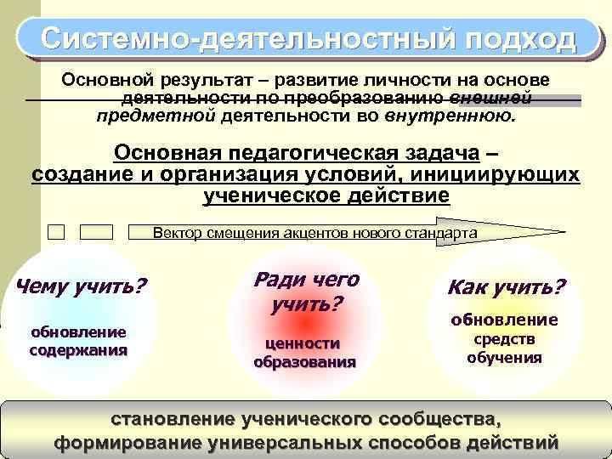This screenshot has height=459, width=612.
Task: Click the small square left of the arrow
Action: [x=56, y=231]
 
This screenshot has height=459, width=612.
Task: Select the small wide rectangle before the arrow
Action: [x=96, y=231]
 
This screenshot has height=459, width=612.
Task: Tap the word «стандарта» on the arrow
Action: [x=446, y=232]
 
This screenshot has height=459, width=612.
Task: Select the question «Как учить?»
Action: [x=507, y=286]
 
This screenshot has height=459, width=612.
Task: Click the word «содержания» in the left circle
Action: [x=78, y=348]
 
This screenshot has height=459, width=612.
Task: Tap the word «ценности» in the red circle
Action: [x=303, y=343]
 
